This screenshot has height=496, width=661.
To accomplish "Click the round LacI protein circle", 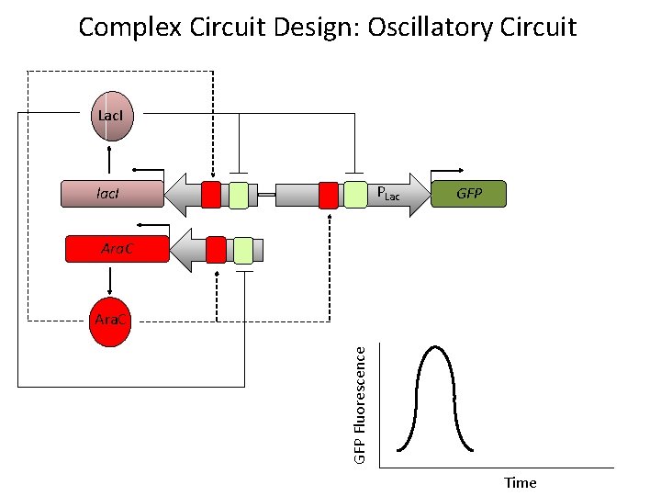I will pos(110,117).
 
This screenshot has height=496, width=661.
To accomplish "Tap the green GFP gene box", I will pos(468,194).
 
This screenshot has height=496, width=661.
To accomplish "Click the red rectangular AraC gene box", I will pos(117,249).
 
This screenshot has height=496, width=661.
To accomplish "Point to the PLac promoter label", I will pos(389,195).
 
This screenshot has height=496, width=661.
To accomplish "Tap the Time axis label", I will pos(520,482).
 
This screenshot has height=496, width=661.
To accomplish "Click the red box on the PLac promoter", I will pos(329,195).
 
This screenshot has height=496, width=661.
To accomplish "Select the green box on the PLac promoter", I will pos(355,195).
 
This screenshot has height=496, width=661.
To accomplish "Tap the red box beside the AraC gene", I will pos(216,249).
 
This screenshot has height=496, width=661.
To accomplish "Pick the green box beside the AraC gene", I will pos(243,249).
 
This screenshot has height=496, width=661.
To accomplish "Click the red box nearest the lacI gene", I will pos(211,195).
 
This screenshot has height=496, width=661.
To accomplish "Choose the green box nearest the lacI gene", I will pos(239,195).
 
